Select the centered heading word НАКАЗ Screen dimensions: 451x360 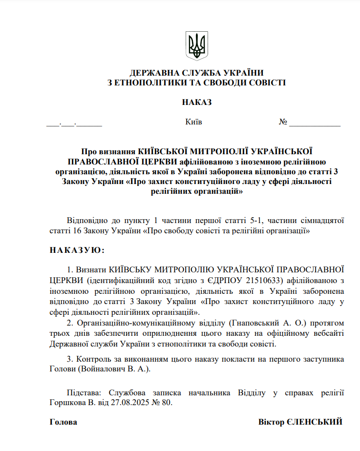pos(197,102)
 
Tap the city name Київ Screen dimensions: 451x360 pos(194,122)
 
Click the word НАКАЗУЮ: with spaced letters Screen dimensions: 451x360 pos(77,250)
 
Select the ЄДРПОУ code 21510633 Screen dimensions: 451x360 pos(266,280)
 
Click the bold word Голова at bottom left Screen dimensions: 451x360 pos(64,422)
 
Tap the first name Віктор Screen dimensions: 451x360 pos(270,422)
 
